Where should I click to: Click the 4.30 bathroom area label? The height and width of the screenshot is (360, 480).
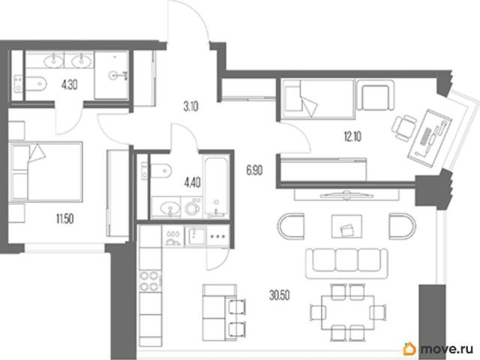coord(69,85)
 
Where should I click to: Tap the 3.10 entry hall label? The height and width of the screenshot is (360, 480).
coord(190,106)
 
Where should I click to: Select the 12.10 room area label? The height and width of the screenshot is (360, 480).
coord(352,136)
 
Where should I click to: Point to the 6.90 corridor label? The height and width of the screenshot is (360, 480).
coord(254,170)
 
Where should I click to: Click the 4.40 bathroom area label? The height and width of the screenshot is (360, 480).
coord(192,183)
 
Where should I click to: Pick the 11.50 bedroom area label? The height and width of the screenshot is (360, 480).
coord(65,219)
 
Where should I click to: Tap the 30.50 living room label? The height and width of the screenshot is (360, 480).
coord(280,295)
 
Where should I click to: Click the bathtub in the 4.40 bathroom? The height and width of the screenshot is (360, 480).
coord(217,187)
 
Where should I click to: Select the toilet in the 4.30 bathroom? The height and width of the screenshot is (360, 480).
coord(36,83)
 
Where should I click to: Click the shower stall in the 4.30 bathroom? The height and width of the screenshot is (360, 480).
coord(111,75)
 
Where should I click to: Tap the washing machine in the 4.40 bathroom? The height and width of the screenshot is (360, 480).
coord(192,208)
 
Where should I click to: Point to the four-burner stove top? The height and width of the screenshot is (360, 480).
coord(150,281)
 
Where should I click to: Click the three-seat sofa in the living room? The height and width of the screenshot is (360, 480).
coord(346,263)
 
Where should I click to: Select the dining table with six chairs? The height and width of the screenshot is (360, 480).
coord(348,312)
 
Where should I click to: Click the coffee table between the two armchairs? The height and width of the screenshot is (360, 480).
coord(346,226)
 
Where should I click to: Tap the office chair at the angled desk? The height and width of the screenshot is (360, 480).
coord(404,127)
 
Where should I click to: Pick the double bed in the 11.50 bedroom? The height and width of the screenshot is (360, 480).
coord(46,172)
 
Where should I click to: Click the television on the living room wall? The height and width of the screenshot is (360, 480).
coord(346,194)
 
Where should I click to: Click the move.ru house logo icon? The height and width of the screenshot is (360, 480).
coord(409,349)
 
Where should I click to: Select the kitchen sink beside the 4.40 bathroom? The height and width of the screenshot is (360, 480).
coord(195,235)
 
